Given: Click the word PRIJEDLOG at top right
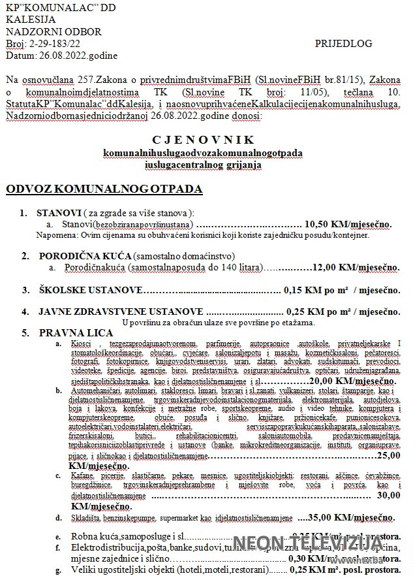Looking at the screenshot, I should point(343,44).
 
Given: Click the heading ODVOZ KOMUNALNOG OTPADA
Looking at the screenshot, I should point(104,189).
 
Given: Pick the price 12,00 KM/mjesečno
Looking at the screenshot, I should point(356,267).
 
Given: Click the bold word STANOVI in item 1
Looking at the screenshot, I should point(59,213).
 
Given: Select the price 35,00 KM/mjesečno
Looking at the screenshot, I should point(349,517).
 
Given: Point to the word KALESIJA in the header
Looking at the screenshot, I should point(27,20).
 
